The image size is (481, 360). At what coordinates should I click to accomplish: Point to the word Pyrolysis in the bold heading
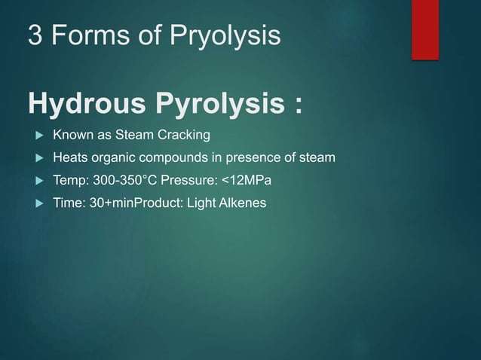point(216,105)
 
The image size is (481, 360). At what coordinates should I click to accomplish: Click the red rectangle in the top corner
point(424,29)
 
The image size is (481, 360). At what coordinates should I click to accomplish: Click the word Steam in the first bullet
point(136,136)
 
